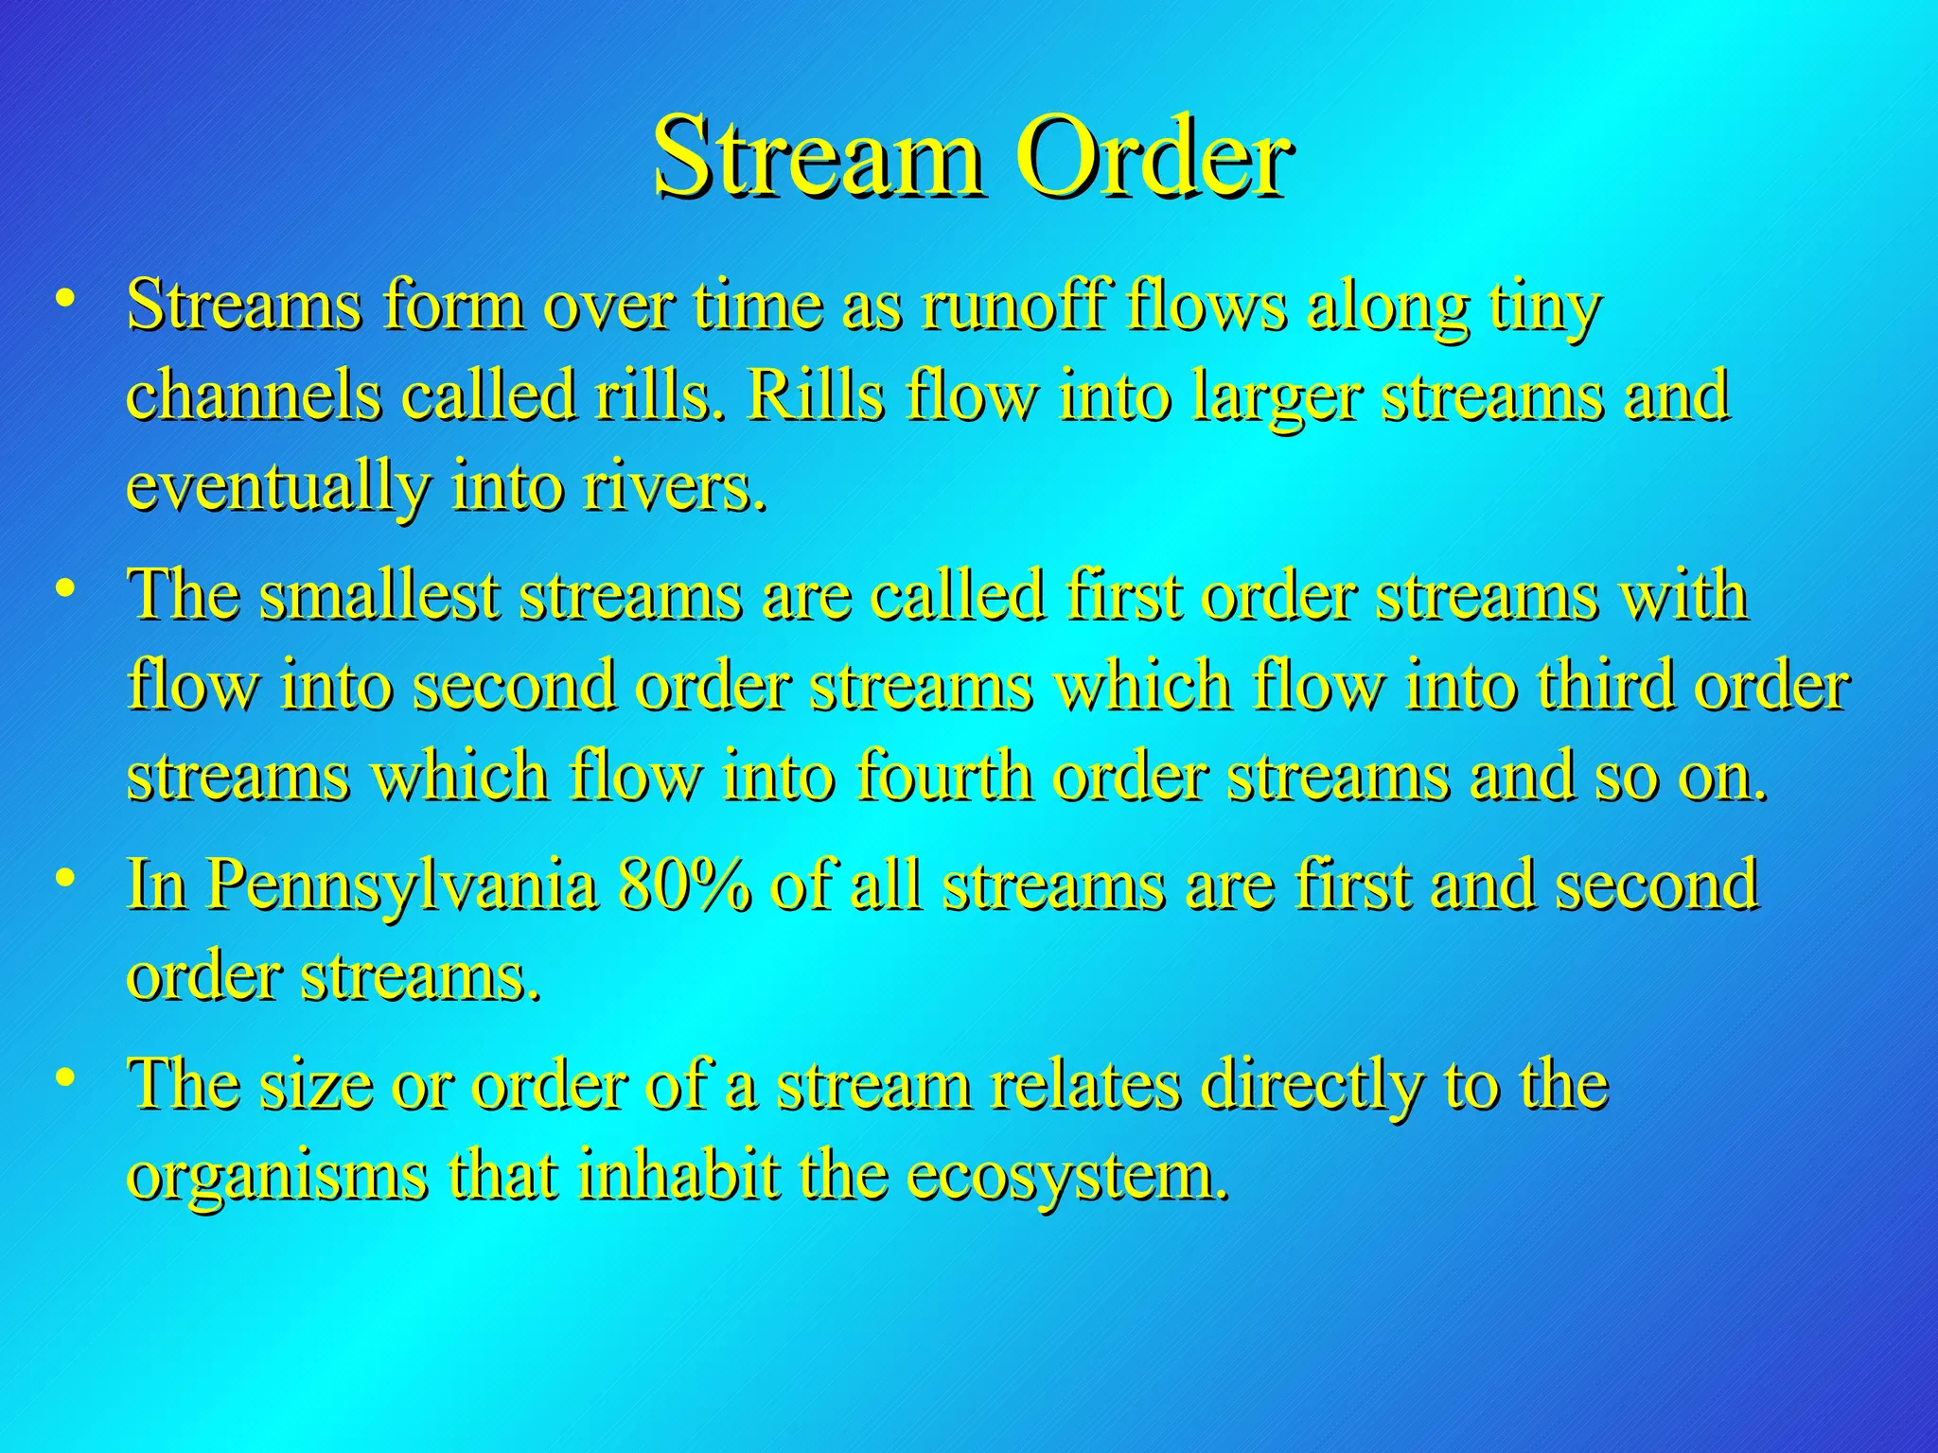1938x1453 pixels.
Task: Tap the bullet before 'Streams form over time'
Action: (x=65, y=299)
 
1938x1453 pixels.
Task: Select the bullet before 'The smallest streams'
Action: (x=65, y=588)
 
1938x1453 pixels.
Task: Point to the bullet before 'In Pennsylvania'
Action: (x=65, y=878)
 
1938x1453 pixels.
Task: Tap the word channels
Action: (x=255, y=397)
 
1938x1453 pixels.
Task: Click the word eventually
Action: (x=278, y=489)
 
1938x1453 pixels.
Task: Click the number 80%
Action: (x=684, y=884)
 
